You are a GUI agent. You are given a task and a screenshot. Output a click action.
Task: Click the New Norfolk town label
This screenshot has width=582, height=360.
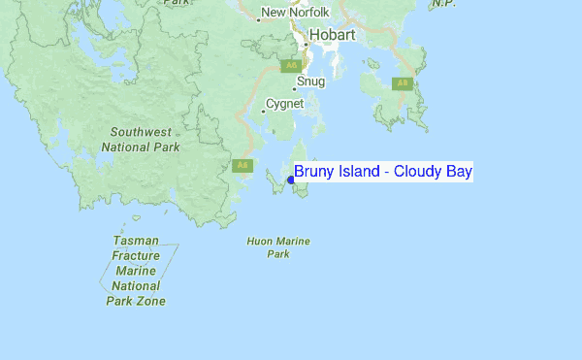(x=296, y=13)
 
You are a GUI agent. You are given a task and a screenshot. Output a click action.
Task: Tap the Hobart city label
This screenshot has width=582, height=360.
(x=332, y=35)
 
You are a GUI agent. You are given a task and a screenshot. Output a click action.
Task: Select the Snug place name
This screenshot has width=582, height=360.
(x=311, y=82)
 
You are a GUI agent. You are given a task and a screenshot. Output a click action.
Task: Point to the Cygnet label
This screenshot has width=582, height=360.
(x=285, y=104)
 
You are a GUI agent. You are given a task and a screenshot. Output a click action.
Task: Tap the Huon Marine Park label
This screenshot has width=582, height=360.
(x=278, y=246)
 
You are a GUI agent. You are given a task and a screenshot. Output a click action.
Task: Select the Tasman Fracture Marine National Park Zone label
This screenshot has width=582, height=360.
(x=136, y=270)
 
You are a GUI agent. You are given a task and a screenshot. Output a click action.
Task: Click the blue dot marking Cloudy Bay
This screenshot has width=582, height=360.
(x=290, y=180)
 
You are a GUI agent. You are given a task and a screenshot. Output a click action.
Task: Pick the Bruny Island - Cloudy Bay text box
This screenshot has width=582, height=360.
(x=383, y=172)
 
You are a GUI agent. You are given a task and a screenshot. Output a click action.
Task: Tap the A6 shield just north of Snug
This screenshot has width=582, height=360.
(x=290, y=66)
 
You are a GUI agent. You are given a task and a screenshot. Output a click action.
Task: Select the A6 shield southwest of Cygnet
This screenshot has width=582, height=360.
(x=242, y=165)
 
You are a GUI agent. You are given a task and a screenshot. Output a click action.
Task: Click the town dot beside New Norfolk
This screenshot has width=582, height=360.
(x=259, y=18)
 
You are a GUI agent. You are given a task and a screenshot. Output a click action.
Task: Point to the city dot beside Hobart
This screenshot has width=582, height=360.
(x=305, y=44)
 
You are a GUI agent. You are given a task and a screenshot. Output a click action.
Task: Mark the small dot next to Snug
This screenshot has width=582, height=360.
(x=294, y=88)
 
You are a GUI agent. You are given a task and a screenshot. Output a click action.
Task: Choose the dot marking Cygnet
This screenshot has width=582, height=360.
(x=263, y=111)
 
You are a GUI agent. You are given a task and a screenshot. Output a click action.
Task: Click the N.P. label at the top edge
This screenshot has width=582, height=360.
(x=442, y=4)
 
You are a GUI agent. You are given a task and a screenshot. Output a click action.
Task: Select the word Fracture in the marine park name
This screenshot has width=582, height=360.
(x=136, y=255)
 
